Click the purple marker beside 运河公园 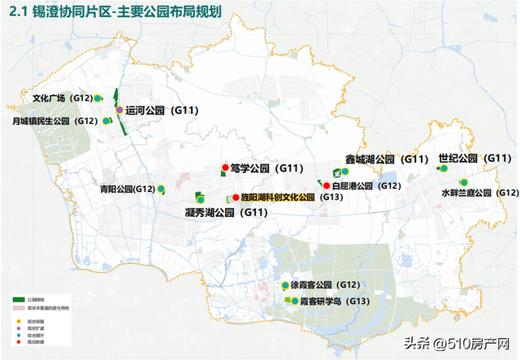tap(119, 110)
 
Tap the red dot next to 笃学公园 tap(225, 169)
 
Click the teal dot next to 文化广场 tap(97, 98)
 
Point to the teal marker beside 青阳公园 tap(161, 189)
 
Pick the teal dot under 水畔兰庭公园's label tap(463, 182)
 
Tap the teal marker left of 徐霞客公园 tap(283, 286)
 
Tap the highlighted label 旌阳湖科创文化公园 tap(279, 197)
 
